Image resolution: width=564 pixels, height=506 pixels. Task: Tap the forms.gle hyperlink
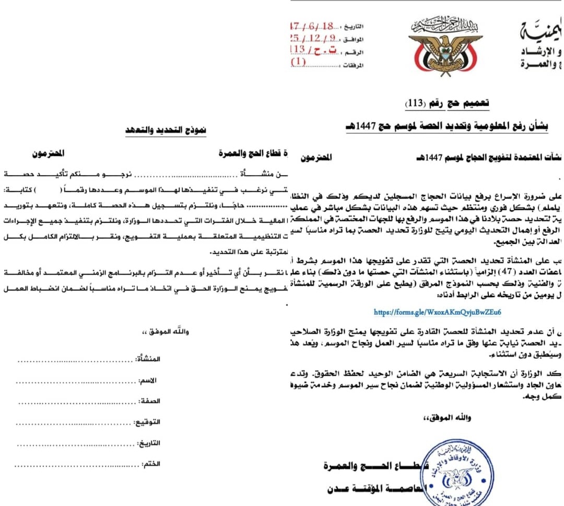(x=438, y=312)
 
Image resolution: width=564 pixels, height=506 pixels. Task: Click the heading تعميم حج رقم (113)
(x=447, y=103)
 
